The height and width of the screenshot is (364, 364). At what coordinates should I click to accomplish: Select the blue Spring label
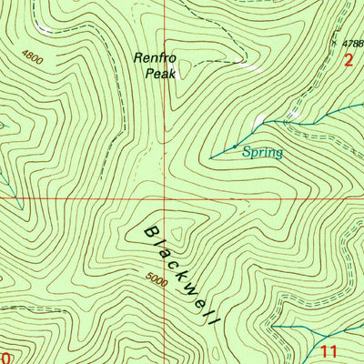[x=263, y=153]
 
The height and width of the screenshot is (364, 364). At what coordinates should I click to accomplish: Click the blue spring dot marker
[x=235, y=146]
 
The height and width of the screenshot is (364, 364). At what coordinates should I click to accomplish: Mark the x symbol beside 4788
[x=334, y=41]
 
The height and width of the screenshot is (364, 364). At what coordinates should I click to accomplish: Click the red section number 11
[x=329, y=349]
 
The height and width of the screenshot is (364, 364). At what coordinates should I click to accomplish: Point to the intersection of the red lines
[x=165, y=197]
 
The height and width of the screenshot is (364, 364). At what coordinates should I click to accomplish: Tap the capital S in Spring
[x=247, y=153]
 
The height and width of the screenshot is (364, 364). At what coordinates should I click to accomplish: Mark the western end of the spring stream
[x=210, y=157]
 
